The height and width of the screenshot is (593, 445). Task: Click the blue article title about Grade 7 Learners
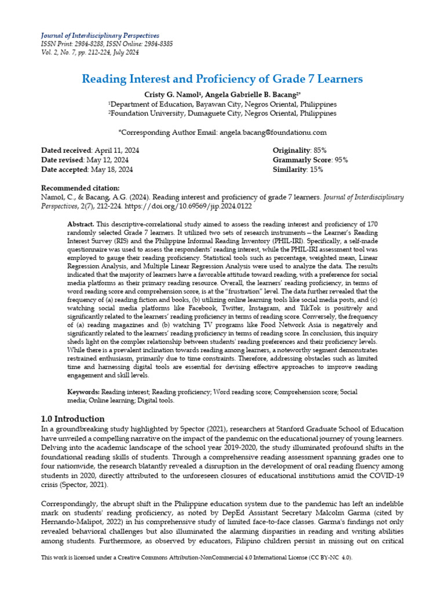pyautogui.click(x=222, y=78)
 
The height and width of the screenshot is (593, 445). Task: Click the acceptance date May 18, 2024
pyautogui.click(x=111, y=170)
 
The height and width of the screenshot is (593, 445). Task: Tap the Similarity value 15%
pyautogui.click(x=316, y=170)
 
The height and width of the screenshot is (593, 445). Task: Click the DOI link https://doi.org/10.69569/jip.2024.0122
pyautogui.click(x=187, y=206)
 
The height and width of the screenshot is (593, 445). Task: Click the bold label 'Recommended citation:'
pyautogui.click(x=81, y=188)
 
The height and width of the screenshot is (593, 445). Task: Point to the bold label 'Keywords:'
pyautogui.click(x=83, y=392)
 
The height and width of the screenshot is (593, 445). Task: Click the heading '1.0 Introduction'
pyautogui.click(x=73, y=419)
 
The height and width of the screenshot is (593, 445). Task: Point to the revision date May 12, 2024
pyautogui.click(x=107, y=160)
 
